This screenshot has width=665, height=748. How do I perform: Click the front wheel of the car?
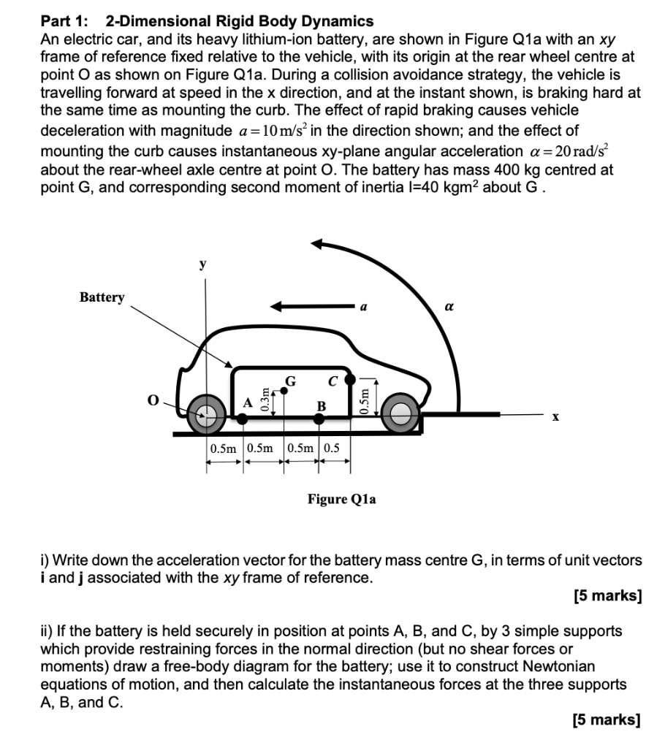(x=400, y=414)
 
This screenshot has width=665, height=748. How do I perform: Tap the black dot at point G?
(x=284, y=390)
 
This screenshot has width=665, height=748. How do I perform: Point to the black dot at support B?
(x=319, y=419)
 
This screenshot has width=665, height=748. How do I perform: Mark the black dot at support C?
(x=350, y=379)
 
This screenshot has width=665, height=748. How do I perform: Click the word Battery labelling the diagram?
(x=102, y=297)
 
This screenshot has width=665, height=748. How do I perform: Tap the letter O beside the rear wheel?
(x=152, y=400)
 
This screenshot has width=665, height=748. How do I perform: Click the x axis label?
(x=555, y=417)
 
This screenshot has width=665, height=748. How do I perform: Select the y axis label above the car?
(x=204, y=264)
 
